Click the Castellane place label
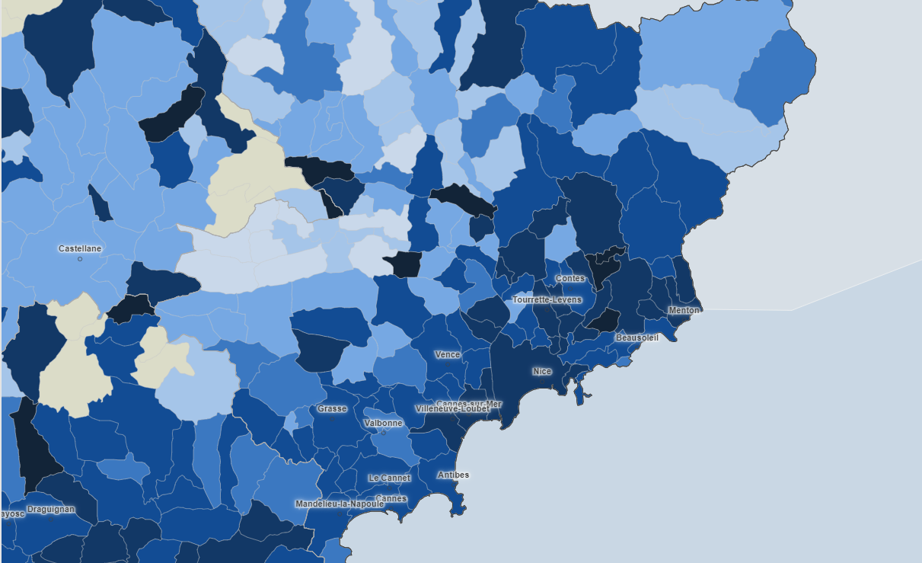point(80,249)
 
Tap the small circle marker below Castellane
point(80,259)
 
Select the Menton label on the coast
point(683,310)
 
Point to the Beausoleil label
point(637,337)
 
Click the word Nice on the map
point(542,372)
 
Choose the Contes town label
point(570,279)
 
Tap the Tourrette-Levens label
point(547,299)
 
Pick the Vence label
point(448,355)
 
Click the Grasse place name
point(332,409)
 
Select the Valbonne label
point(384,423)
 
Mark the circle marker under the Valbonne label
point(384,433)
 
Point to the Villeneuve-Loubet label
point(452,409)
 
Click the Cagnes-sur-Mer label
point(469,403)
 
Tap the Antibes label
point(453,475)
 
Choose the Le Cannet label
point(389,478)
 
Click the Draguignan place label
point(51,509)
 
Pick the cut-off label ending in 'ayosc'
point(11,513)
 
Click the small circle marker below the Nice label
point(542,382)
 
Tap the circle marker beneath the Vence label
point(448,365)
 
